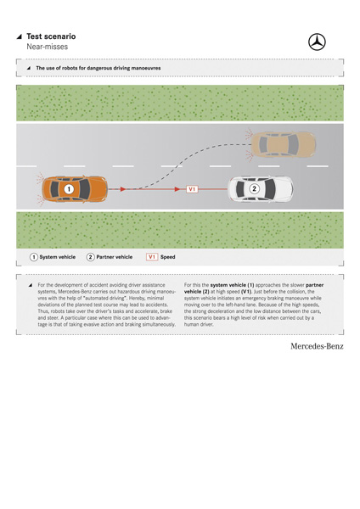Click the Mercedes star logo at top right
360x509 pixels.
click(x=317, y=42)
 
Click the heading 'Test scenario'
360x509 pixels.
click(x=51, y=36)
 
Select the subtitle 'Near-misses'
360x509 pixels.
click(x=47, y=47)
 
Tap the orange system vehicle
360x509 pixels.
click(x=75, y=189)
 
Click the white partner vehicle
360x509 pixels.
click(x=261, y=188)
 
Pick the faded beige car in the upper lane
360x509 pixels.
click(x=283, y=144)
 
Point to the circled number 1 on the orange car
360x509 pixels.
click(x=69, y=189)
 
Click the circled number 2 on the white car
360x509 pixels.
click(x=254, y=188)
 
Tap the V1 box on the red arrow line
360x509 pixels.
click(x=192, y=189)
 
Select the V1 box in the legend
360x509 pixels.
click(x=152, y=257)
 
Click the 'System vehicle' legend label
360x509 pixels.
click(x=58, y=257)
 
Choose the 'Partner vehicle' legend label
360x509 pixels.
click(x=115, y=257)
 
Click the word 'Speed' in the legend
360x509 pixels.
click(x=167, y=257)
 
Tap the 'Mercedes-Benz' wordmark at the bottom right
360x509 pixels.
click(x=317, y=346)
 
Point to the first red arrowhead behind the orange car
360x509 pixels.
click(x=123, y=189)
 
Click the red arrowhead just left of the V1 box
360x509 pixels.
click(x=177, y=189)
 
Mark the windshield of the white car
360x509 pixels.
click(x=270, y=188)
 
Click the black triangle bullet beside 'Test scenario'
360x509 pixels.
click(x=20, y=36)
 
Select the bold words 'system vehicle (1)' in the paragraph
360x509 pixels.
click(x=232, y=285)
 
